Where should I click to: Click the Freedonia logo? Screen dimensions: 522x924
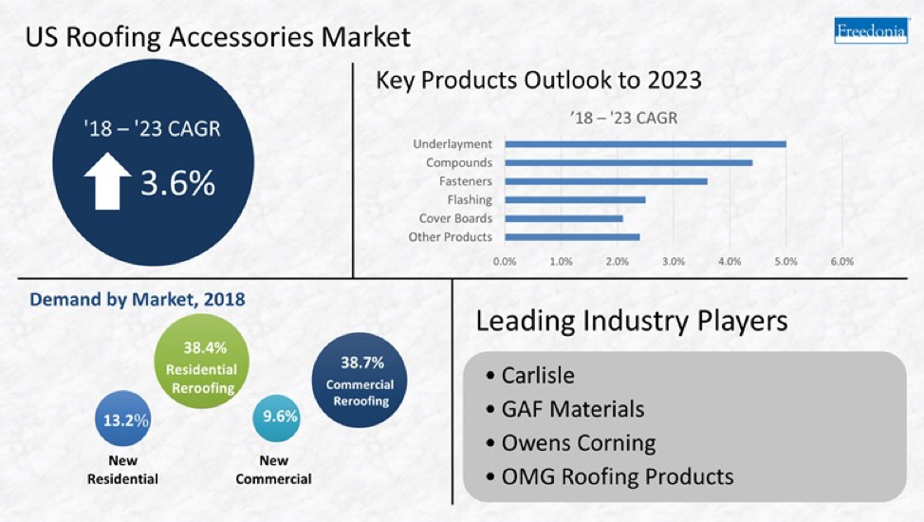[x=871, y=30]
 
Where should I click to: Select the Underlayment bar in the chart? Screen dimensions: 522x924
[x=645, y=144]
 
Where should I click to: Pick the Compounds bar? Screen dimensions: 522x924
[x=628, y=162]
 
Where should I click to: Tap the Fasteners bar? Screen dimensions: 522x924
[x=605, y=181]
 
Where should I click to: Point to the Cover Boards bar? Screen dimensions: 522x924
[x=564, y=218]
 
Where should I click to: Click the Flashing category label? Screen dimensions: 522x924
[x=470, y=200]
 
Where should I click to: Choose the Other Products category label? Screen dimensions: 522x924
[x=451, y=237]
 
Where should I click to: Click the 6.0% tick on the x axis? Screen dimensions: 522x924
[x=841, y=261]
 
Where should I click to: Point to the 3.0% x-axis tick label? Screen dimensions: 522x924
[x=673, y=261]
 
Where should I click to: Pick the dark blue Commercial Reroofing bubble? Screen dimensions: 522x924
[x=360, y=382]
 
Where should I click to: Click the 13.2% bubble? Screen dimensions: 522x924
[x=125, y=419]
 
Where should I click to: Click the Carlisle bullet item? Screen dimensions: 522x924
[x=537, y=375]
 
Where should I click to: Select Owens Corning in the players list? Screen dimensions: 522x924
[x=578, y=442]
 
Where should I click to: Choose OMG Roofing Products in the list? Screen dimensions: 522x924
[x=617, y=475]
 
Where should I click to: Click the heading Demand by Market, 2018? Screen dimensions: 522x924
[x=138, y=300]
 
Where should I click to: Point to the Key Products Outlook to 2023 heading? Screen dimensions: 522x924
[x=539, y=80]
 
